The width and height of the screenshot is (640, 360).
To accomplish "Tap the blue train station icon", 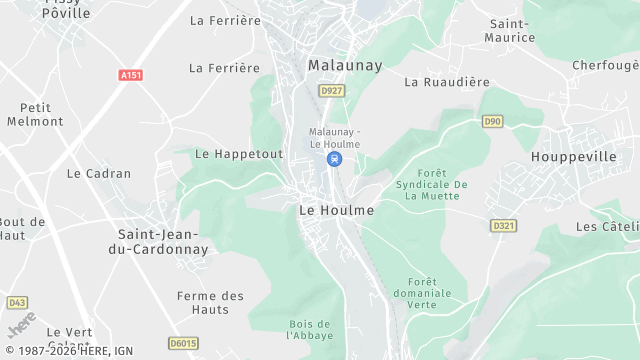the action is click(x=335, y=159).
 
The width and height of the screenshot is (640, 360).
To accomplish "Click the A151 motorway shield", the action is click(x=130, y=75).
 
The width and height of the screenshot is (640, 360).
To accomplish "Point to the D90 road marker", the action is click(x=492, y=121).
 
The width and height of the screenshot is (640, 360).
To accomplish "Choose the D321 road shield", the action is click(x=503, y=226).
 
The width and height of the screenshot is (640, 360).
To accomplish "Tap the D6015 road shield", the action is click(x=184, y=343).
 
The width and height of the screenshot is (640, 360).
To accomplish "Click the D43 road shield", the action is click(x=17, y=302).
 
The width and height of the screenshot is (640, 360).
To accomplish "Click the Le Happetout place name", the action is click(x=239, y=154).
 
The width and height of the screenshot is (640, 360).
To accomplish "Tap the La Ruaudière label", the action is click(x=447, y=83).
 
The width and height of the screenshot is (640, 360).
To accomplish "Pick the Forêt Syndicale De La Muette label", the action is click(x=432, y=184).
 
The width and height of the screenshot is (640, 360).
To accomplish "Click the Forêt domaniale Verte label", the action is click(x=430, y=293).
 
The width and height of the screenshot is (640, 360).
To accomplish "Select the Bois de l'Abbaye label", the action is click(x=309, y=329).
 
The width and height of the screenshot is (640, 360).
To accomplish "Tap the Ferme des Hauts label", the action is click(x=210, y=302).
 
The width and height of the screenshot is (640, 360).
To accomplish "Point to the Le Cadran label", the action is click(x=99, y=173).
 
